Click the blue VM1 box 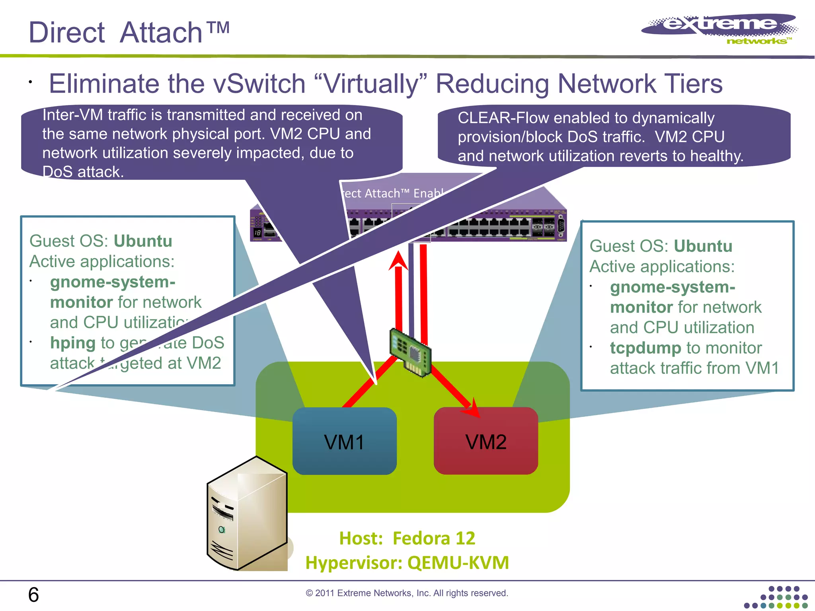point(344,442)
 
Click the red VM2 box point(486,442)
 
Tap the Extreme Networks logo point(719,29)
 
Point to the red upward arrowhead point(398,261)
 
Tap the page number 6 point(33,595)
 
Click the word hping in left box point(73,343)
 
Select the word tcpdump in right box point(645,348)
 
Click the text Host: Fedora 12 point(407,538)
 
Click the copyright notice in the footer point(407,593)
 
